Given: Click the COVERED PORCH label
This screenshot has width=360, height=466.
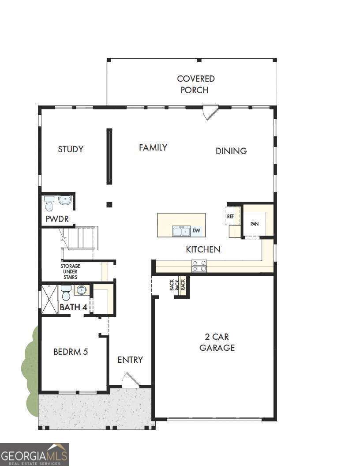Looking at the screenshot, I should click(196, 84).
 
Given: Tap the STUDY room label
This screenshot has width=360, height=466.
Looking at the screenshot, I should click(71, 149).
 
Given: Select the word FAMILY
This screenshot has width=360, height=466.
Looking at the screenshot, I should click(153, 148).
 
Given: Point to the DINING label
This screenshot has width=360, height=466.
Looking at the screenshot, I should click(231, 151).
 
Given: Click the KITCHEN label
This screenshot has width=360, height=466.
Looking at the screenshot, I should click(203, 250).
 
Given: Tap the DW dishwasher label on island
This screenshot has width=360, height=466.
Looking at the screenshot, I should click(196, 231).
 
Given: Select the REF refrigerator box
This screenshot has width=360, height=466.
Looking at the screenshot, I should click(231, 216).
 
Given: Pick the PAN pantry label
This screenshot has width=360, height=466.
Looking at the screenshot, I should click(255, 224).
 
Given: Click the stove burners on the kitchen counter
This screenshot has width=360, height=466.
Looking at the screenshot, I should click(199, 266).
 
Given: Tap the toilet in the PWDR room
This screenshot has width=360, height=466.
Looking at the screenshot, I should click(49, 204).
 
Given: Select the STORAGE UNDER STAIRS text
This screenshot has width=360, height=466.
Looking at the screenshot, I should click(70, 271).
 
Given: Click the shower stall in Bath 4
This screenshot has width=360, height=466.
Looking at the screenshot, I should click(50, 299).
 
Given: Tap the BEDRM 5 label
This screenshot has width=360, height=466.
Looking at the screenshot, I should click(71, 352).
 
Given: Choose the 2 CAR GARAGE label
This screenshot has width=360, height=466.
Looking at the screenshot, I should click(217, 342).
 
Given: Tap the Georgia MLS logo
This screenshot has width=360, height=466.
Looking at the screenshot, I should click(34, 454).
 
